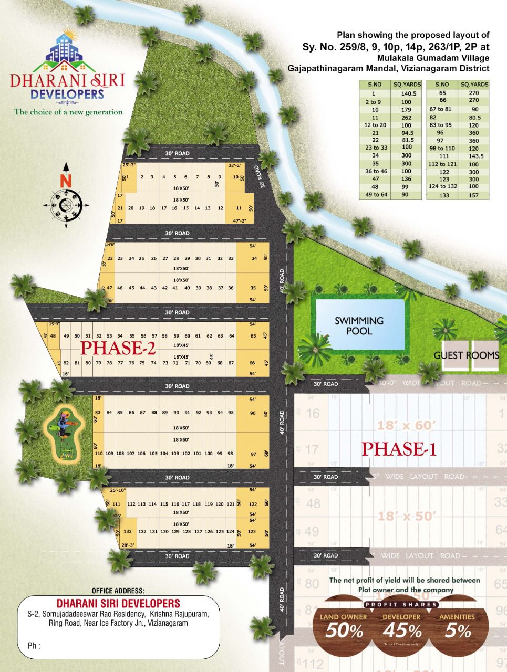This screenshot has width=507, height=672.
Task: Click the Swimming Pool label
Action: pyautogui.click(x=359, y=325)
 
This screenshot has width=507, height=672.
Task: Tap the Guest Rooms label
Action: pyautogui.click(x=466, y=355)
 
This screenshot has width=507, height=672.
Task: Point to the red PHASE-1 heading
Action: pyautogui.click(x=399, y=449)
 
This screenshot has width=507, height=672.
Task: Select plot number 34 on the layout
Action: pyautogui.click(x=254, y=258)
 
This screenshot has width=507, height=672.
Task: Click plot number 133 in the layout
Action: pyautogui.click(x=127, y=532)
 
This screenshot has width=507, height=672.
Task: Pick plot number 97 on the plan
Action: pyautogui.click(x=253, y=454)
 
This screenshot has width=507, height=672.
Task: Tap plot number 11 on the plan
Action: pyautogui.click(x=239, y=208)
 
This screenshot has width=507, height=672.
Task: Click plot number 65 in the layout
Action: pyautogui.click(x=253, y=336)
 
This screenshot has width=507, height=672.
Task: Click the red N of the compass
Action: pyautogui.click(x=66, y=181)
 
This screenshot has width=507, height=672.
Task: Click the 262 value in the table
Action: pyautogui.click(x=406, y=118)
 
